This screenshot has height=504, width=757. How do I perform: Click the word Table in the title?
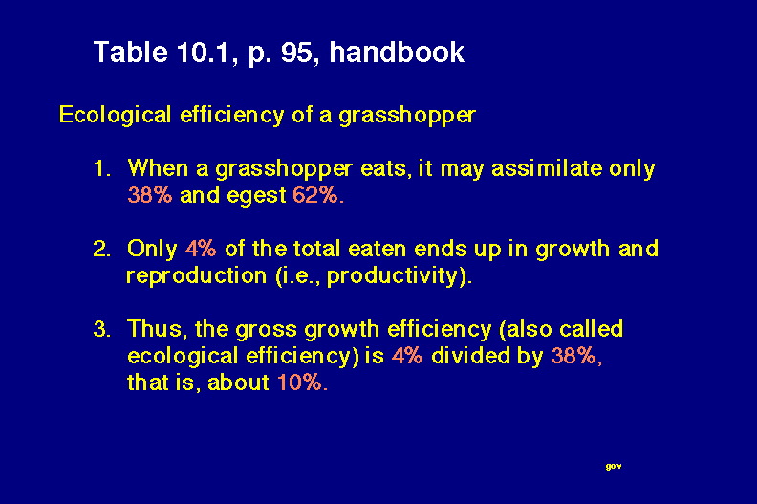[x=130, y=52]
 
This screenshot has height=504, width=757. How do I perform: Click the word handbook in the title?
[x=397, y=52]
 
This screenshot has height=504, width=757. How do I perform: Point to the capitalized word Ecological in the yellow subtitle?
[x=115, y=115]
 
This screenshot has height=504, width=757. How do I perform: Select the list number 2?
[x=102, y=249]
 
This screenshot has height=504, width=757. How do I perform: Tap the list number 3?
[x=102, y=329]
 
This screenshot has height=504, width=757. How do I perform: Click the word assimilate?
[x=547, y=168]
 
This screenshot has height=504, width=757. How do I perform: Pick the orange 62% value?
[x=318, y=195]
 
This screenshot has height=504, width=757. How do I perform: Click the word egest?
[x=256, y=196]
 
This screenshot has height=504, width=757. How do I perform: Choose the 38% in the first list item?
[x=150, y=195]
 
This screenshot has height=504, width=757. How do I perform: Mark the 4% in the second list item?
[x=201, y=249]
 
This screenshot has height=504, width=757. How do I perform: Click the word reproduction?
[x=197, y=275]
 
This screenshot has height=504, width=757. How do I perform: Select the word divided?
[x=470, y=356]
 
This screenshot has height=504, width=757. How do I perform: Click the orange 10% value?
[x=302, y=383]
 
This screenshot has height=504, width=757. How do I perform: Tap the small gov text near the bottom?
[x=614, y=467]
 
